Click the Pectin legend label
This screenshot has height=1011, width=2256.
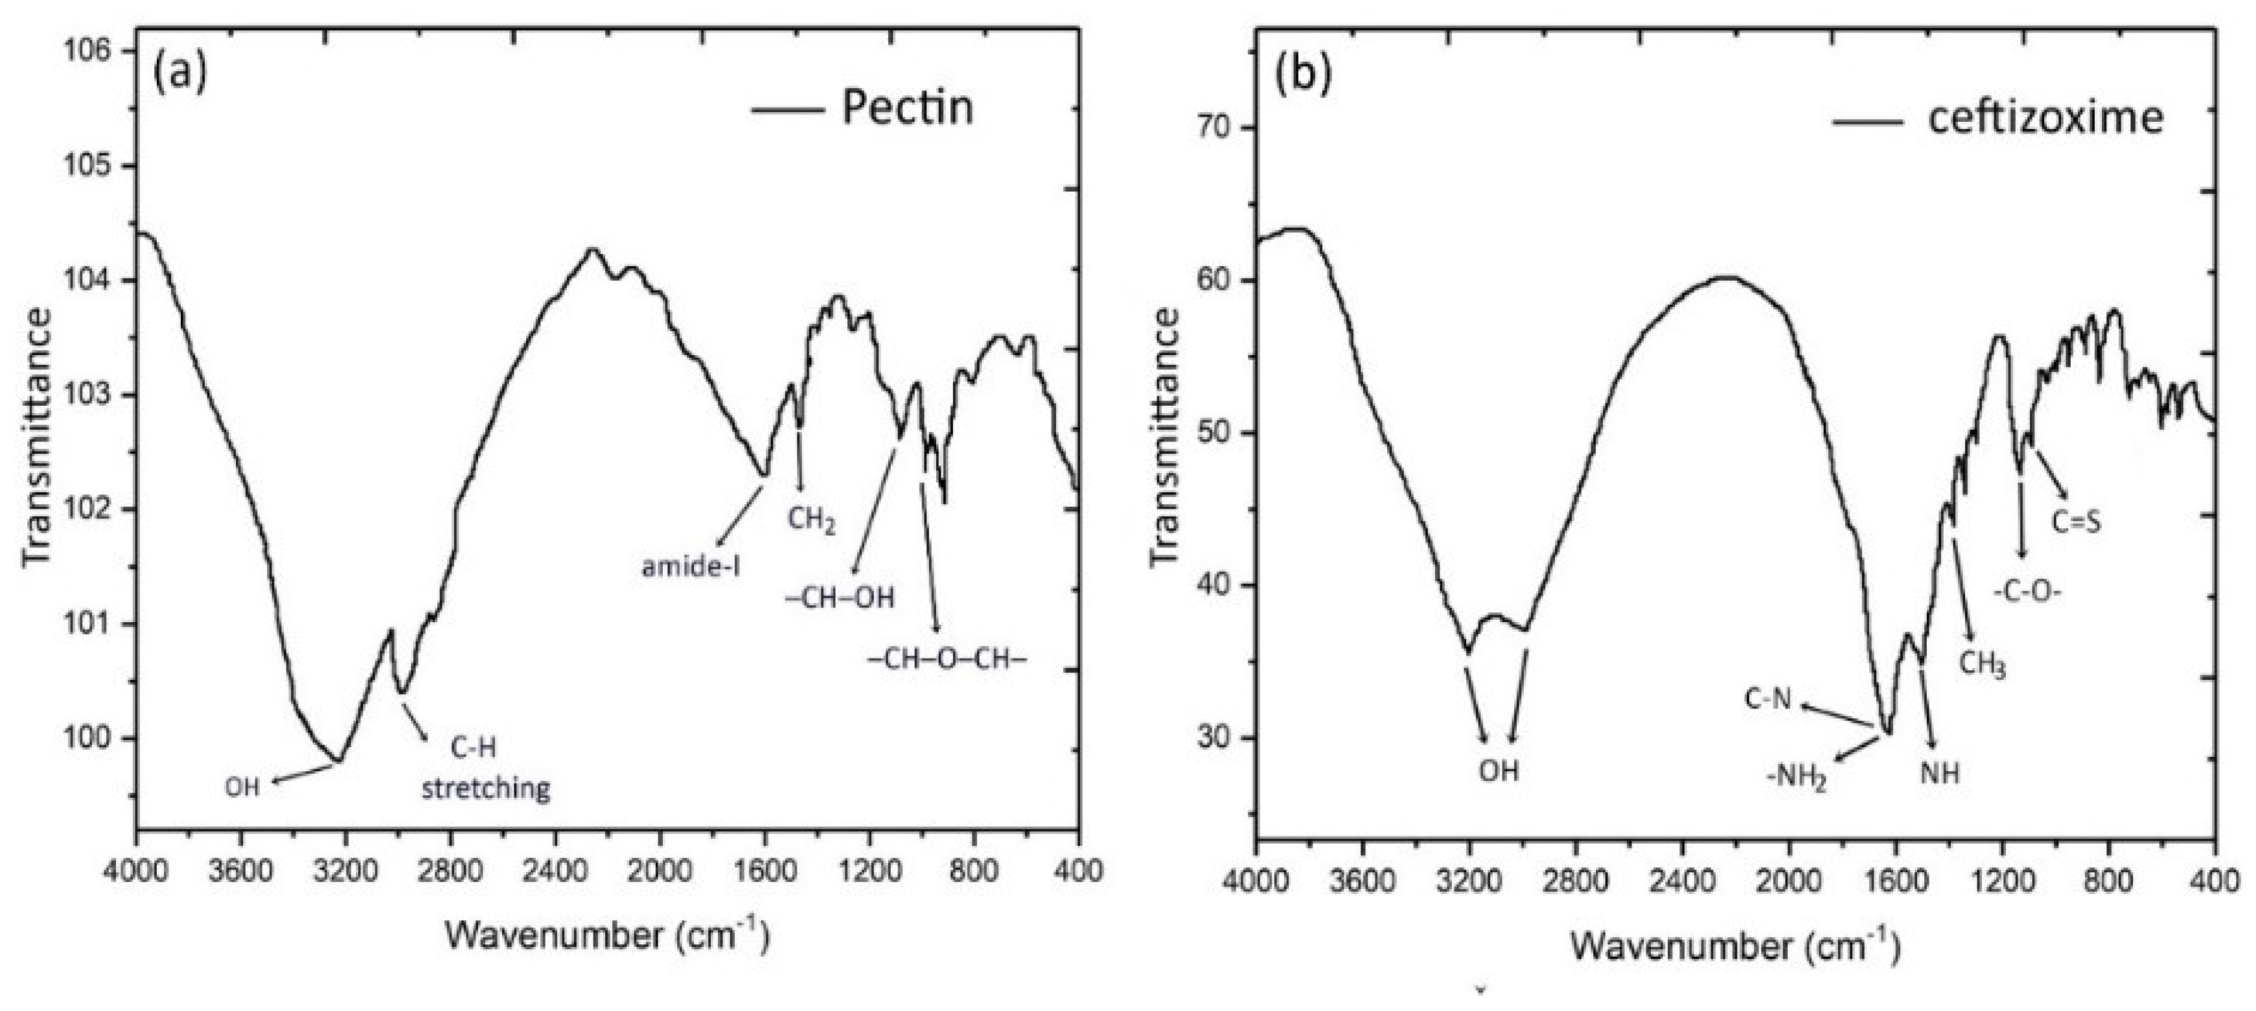[906, 109]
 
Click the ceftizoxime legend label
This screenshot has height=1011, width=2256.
[2045, 117]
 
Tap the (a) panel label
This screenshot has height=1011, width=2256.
[179, 72]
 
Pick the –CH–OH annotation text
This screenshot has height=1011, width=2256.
[840, 598]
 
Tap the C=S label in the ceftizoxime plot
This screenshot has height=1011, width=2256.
[2077, 523]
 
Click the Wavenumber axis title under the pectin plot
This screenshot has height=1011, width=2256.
[606, 936]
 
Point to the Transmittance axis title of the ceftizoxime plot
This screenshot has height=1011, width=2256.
[1165, 438]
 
